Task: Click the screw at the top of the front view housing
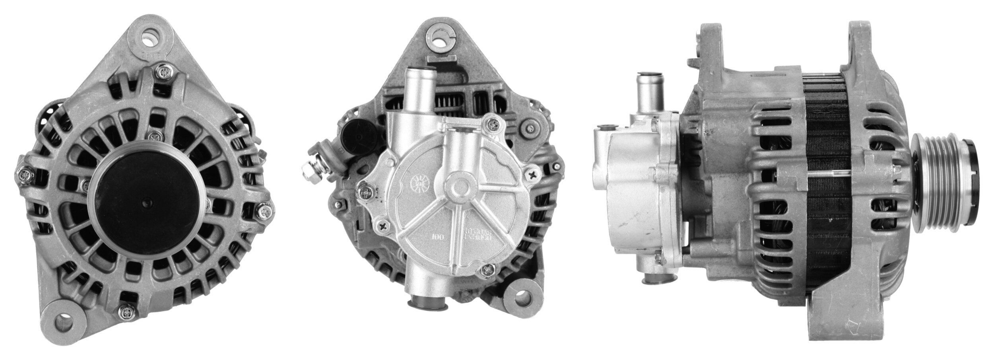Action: click(x=163, y=72)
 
